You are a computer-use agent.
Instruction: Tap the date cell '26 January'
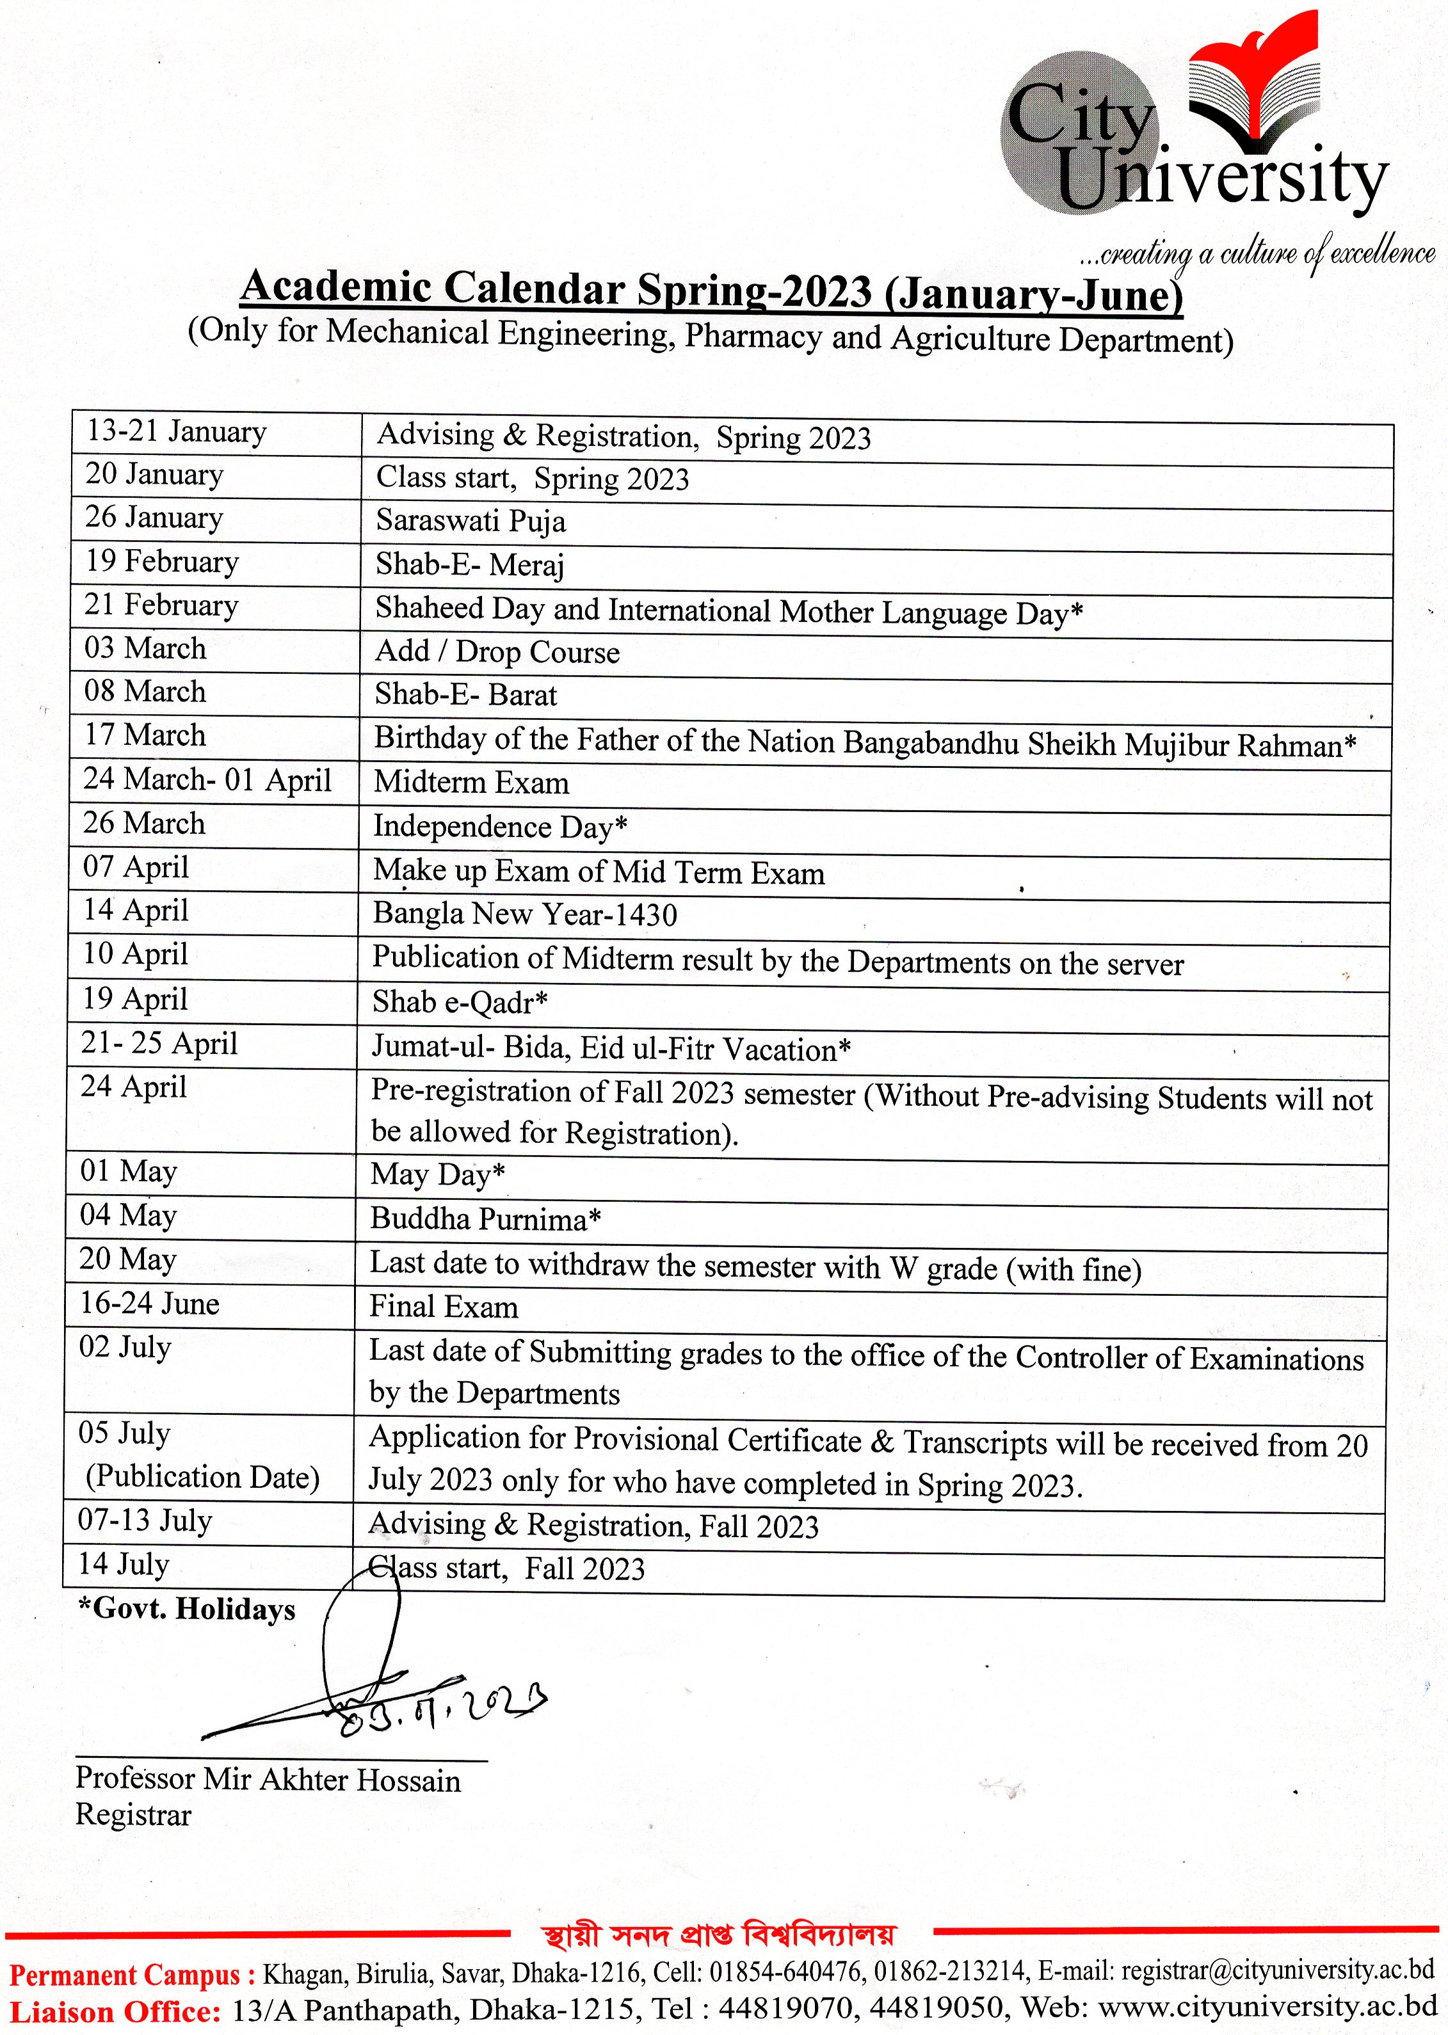(x=154, y=518)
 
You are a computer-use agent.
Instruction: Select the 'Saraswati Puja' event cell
(x=470, y=520)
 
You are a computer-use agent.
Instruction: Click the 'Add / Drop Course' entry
(x=497, y=651)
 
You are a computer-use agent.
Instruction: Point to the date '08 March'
(x=145, y=692)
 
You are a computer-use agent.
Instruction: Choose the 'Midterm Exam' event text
(x=471, y=783)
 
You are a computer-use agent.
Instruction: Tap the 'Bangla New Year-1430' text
(x=524, y=914)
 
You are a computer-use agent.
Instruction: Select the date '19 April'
(x=134, y=999)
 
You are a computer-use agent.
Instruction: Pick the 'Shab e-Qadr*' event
(x=459, y=1003)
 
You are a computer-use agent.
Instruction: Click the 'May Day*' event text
(x=437, y=1175)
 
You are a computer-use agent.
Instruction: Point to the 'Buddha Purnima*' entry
(x=485, y=1218)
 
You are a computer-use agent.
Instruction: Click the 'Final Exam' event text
(x=443, y=1307)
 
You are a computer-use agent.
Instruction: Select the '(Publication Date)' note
(x=202, y=1477)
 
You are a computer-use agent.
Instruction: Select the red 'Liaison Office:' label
(x=114, y=2012)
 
